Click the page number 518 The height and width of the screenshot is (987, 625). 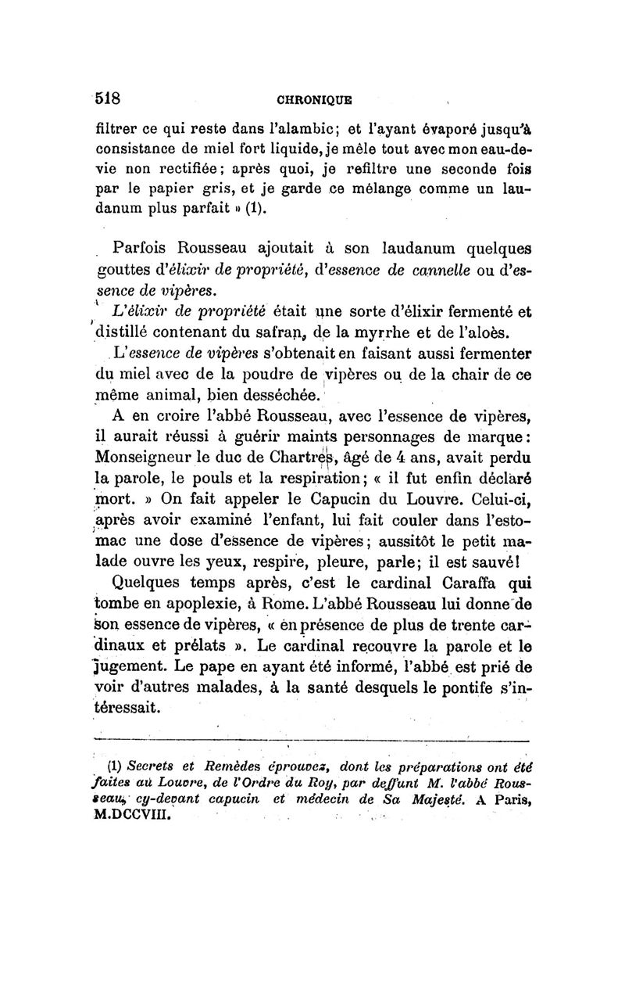pyautogui.click(x=106, y=99)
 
